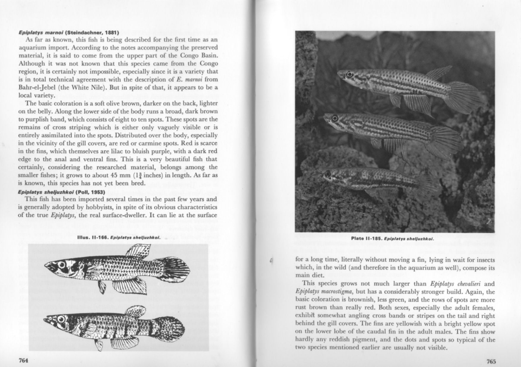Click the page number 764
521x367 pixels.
(23, 360)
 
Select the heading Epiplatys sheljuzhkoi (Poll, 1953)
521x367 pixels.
(61, 192)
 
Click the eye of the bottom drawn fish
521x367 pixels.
(61, 319)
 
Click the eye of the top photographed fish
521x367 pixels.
(350, 74)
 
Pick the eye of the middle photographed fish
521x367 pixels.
(335, 118)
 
